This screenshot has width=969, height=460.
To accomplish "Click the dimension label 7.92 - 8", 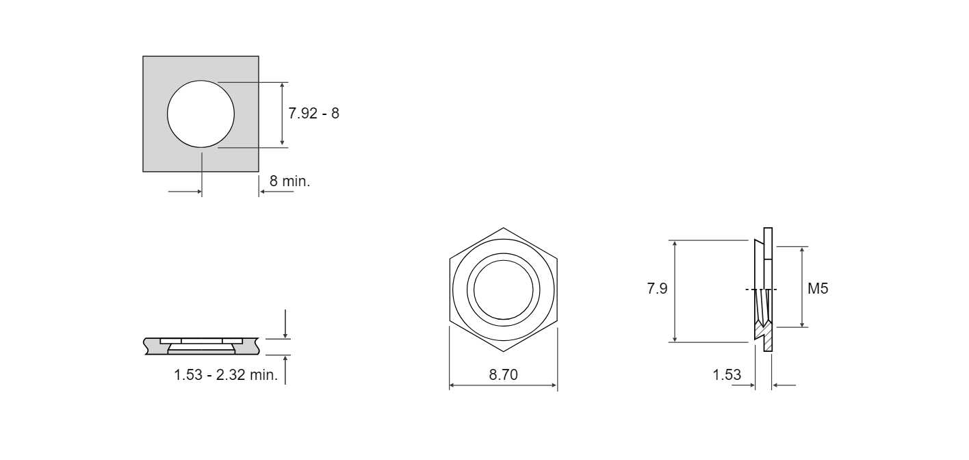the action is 313,114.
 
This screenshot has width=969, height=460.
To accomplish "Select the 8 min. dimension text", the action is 290,181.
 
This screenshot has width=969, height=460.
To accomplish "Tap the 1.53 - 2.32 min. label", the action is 226,374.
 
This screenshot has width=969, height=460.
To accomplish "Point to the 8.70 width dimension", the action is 503,374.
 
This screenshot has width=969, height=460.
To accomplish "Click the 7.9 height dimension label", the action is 657,288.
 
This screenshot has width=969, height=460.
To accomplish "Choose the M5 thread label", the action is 818,288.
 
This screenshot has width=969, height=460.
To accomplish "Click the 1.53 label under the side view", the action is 727,374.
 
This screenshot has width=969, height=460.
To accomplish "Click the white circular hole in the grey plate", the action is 201,114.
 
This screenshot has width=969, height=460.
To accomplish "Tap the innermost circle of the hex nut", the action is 503,290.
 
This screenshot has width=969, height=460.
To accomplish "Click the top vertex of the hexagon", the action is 503,228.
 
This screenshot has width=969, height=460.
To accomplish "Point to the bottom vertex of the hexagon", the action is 503,351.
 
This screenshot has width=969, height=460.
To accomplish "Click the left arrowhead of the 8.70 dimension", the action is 452,385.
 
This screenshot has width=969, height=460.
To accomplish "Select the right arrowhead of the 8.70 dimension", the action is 554,385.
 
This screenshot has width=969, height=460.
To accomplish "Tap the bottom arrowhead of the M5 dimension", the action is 801,324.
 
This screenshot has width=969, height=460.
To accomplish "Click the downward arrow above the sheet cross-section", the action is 285,324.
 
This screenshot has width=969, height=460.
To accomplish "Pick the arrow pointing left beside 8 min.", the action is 276,191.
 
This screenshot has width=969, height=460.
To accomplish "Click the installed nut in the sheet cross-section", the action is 201,346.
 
